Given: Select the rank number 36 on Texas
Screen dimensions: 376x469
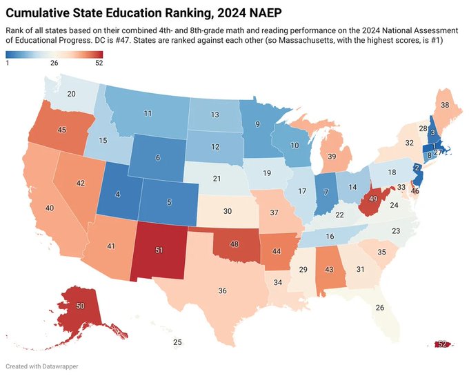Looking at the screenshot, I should click(222, 291).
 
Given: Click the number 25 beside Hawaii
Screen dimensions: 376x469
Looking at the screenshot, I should click(177, 343).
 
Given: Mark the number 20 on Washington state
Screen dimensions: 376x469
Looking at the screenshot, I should click(71, 95).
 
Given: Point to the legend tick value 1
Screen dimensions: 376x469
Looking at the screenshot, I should click(7, 63).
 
